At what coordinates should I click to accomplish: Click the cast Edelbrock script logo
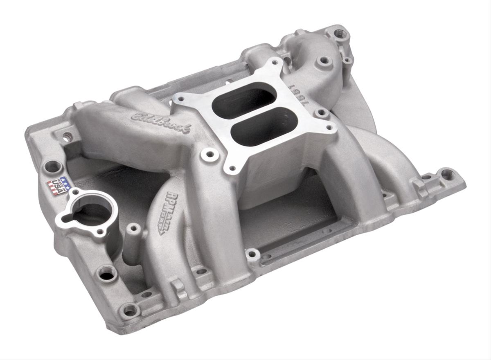pyautogui.click(x=160, y=123)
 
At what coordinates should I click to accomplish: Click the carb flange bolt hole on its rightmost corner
pyautogui.click(x=329, y=128)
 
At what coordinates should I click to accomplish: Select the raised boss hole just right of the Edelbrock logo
pyautogui.click(x=209, y=154)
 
